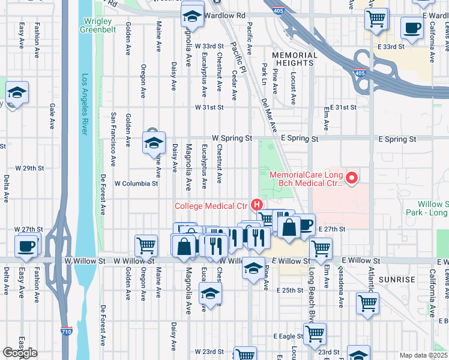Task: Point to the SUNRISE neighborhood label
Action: click(397, 280)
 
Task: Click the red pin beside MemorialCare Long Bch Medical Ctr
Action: click(352, 178)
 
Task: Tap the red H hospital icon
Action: click(259, 205)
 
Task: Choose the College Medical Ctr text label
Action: click(211, 206)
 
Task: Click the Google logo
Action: click(20, 353)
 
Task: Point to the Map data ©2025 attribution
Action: click(424, 355)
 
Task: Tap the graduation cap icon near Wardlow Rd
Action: click(191, 16)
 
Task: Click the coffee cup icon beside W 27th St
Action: click(26, 246)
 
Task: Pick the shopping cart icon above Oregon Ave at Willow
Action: click(146, 245)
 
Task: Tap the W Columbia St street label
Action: click(136, 184)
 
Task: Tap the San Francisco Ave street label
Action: click(113, 139)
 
